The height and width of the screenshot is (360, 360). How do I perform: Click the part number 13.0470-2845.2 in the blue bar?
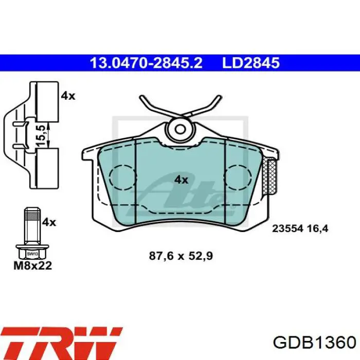click(146, 63)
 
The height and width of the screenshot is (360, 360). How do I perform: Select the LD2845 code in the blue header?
click(251, 63)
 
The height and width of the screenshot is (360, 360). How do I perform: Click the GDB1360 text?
click(314, 343)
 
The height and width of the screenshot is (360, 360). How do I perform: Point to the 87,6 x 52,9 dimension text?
click(181, 256)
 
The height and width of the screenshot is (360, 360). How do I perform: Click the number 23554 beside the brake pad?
click(287, 228)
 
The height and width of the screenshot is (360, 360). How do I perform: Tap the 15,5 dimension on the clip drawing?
click(41, 135)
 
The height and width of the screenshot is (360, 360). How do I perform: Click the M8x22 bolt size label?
click(33, 266)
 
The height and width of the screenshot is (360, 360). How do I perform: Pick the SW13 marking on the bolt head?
click(32, 254)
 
